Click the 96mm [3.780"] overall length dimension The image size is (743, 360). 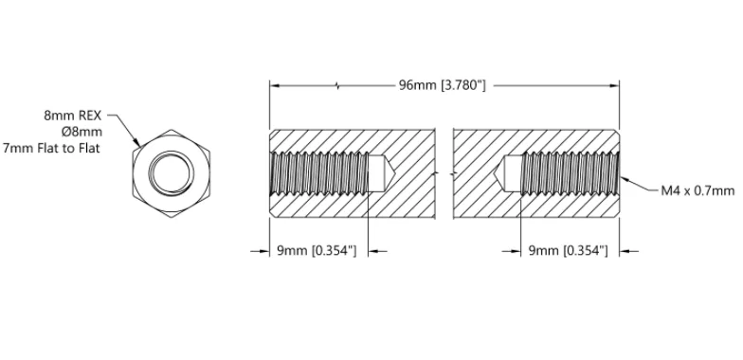(442, 85)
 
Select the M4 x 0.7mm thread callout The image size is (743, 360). (698, 191)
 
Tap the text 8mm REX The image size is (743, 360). (73, 116)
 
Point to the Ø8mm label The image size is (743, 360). (85, 132)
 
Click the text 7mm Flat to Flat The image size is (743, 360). (51, 148)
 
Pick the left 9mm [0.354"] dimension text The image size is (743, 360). (317, 250)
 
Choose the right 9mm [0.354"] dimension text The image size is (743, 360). (568, 250)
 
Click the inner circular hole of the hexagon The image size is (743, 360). (172, 172)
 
